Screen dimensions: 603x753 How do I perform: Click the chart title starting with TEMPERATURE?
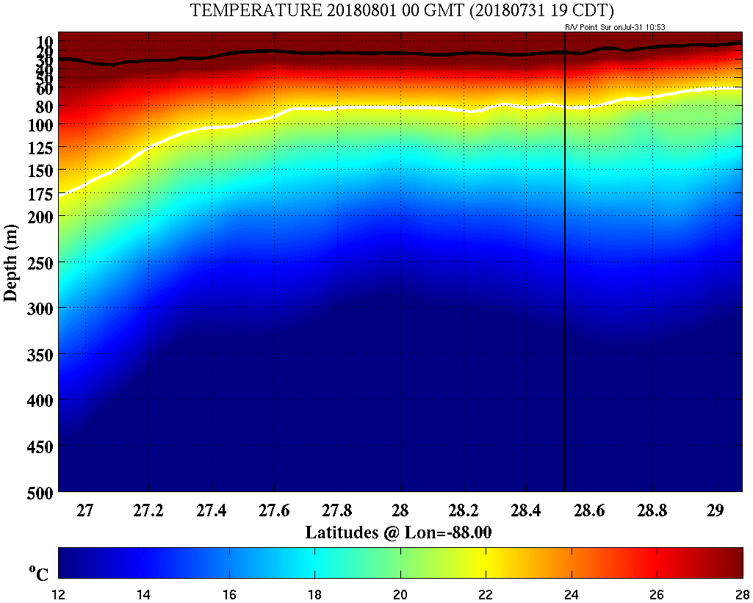(402, 10)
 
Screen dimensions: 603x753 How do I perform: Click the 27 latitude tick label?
(86, 510)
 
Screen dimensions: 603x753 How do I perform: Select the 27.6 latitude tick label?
(275, 510)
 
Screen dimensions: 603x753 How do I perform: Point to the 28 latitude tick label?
(400, 510)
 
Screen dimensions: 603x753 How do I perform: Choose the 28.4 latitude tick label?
(526, 510)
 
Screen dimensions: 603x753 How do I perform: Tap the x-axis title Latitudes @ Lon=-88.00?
(398, 532)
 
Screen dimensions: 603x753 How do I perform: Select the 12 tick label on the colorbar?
(59, 593)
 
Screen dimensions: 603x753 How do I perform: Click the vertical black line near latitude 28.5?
(564, 294)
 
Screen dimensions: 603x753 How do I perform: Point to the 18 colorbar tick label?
(315, 593)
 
